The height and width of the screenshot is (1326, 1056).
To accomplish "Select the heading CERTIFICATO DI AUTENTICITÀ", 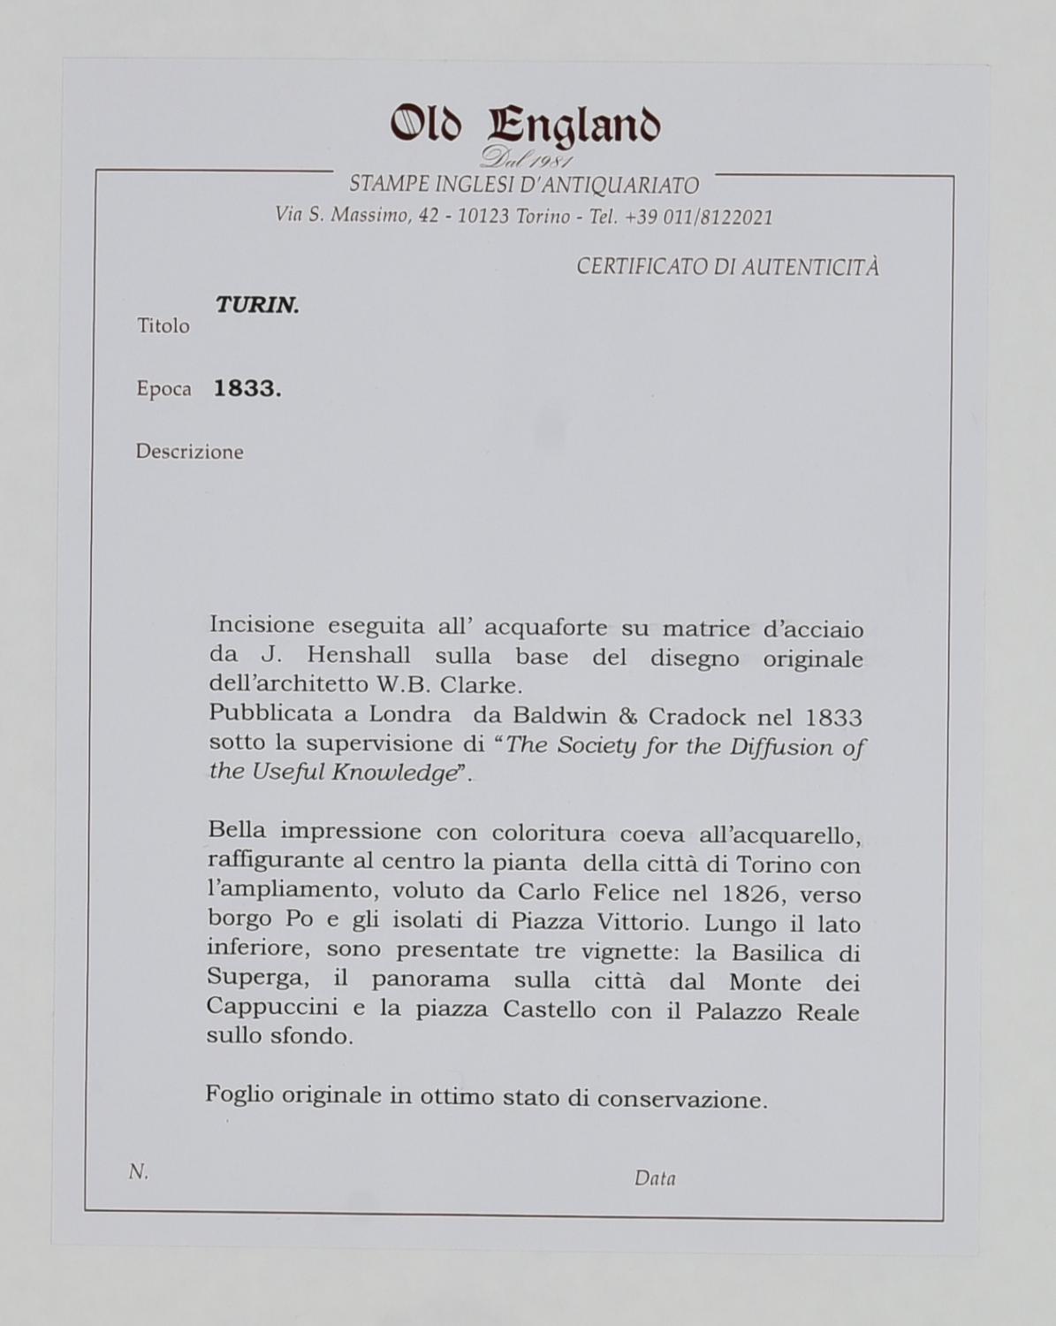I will (x=727, y=267).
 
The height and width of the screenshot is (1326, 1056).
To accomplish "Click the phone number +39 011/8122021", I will (x=698, y=217).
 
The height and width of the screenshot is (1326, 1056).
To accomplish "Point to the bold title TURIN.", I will (x=257, y=306).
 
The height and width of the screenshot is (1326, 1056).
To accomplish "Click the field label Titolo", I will (x=163, y=326).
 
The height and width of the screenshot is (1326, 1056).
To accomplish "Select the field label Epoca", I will (x=163, y=389).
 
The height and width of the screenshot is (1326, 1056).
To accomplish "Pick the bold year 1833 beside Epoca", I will (x=247, y=389).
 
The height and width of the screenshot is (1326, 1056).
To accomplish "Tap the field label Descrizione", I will (x=189, y=452).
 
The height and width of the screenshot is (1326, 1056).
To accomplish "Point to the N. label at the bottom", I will (x=139, y=1172).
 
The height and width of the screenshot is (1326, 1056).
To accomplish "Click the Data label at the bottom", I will (x=655, y=1178).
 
